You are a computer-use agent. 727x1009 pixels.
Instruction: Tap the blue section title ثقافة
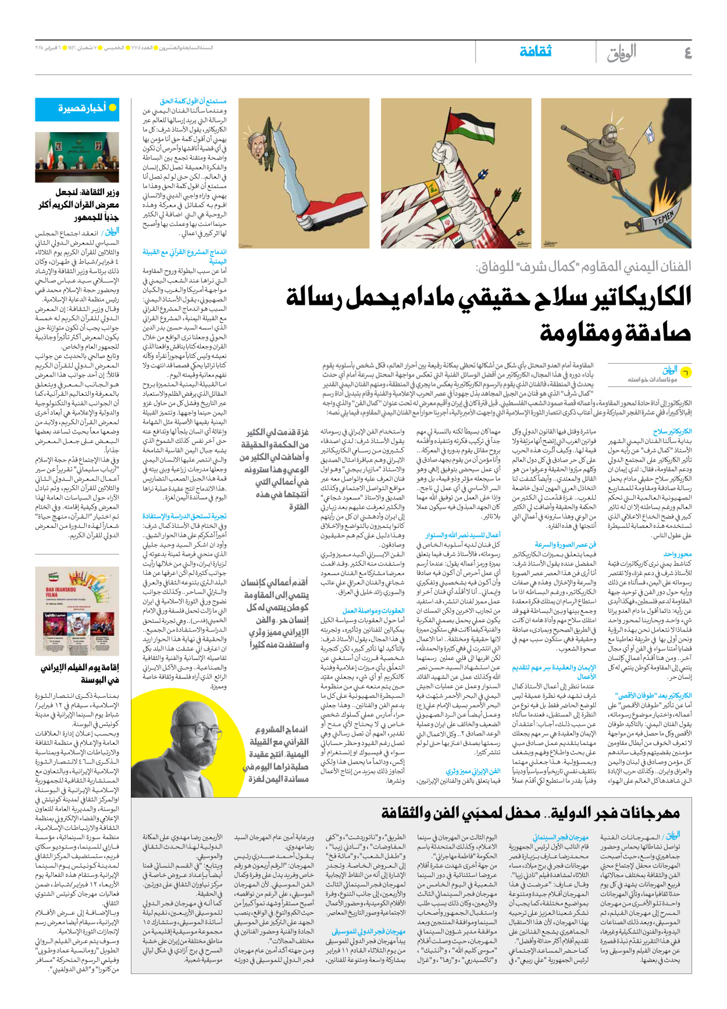535,52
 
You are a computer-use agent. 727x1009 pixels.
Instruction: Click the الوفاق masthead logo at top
622,54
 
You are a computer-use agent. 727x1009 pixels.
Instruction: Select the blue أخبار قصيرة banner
77,109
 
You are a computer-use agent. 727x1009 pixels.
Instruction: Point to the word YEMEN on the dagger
662,219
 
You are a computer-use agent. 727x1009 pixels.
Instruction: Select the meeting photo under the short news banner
77,157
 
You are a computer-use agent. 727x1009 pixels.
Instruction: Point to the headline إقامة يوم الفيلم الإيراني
80,673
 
